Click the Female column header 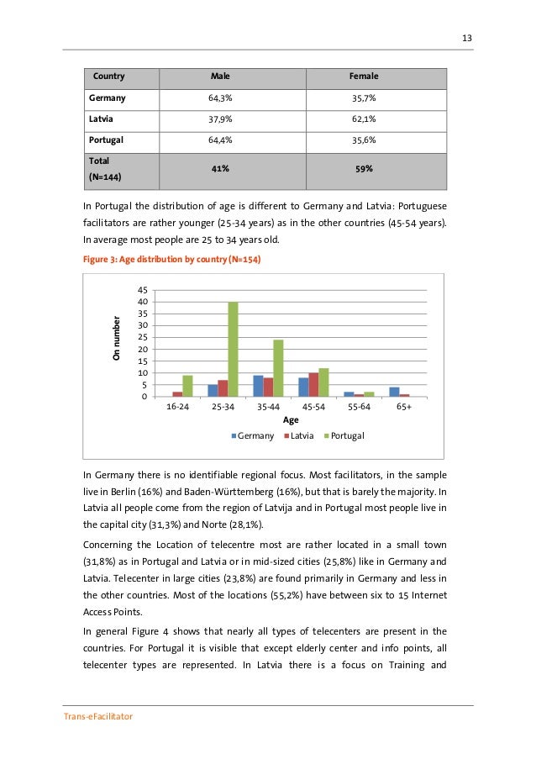tap(364, 76)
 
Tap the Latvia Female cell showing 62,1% tap(364, 119)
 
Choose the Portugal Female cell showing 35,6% tap(364, 140)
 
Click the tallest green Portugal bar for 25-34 tap(233, 349)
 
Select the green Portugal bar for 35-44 tap(278, 368)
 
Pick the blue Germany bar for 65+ tap(394, 392)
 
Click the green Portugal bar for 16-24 tap(187, 386)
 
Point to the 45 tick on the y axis tap(143, 290)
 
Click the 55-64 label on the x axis tap(359, 405)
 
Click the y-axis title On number tap(117, 339)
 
